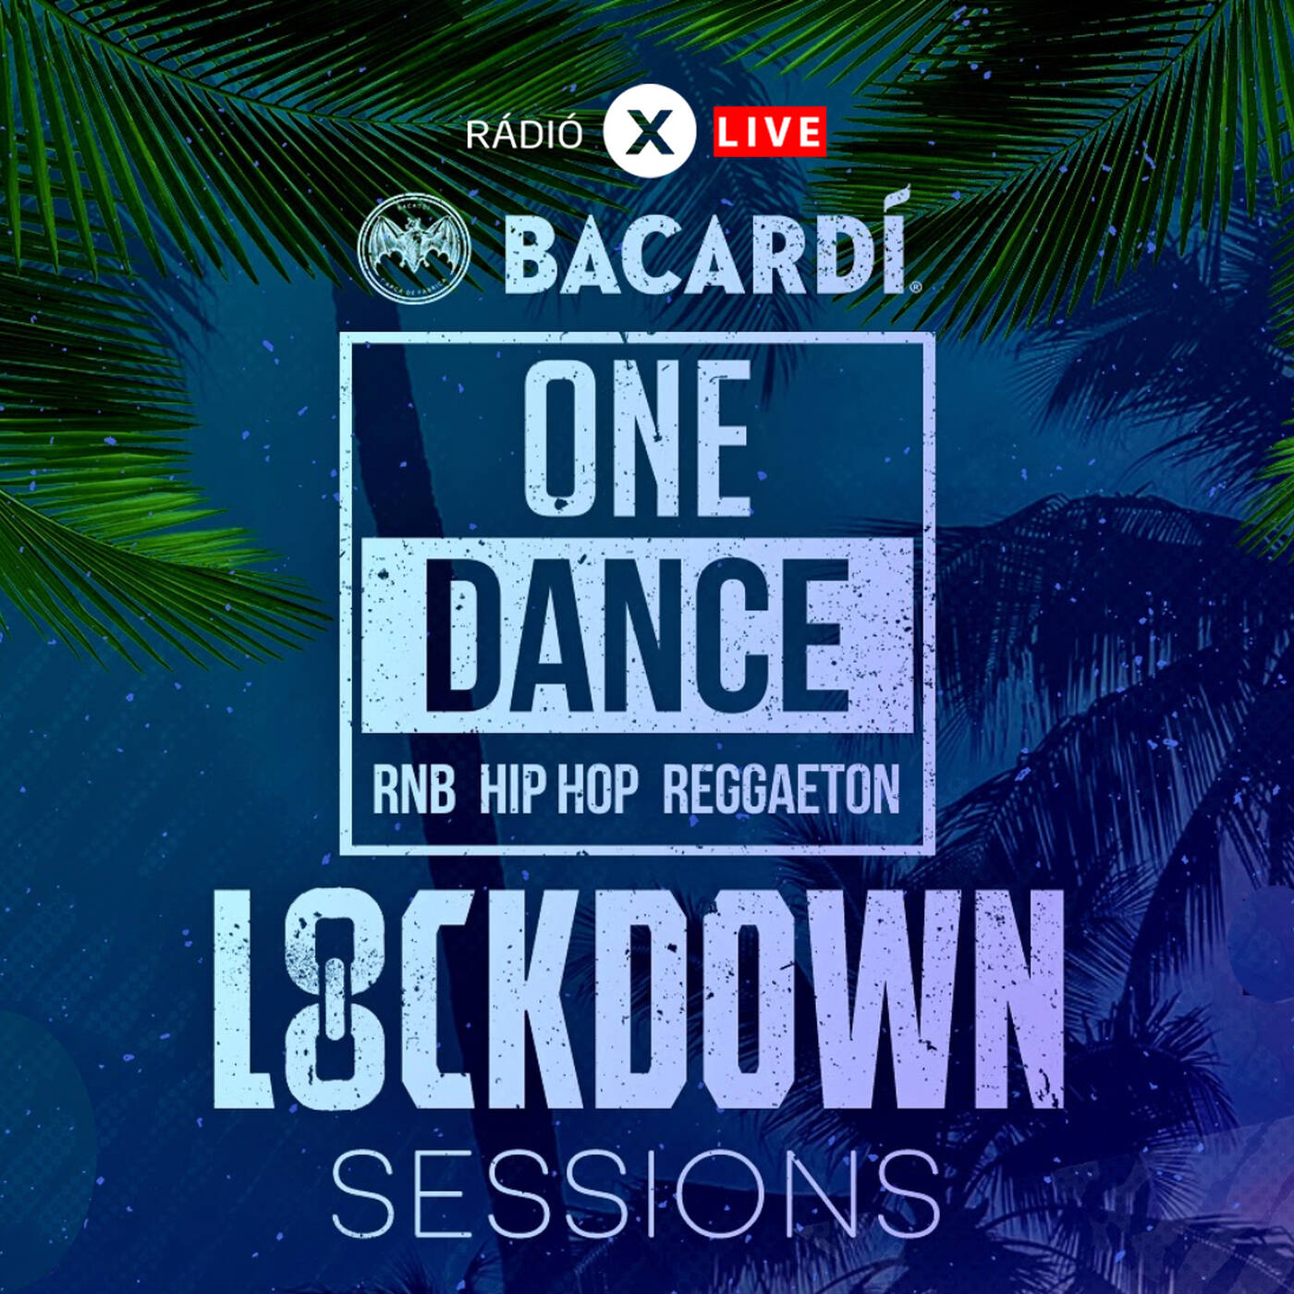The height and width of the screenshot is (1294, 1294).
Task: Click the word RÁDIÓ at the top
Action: tap(524, 135)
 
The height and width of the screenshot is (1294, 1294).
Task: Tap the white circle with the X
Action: tap(649, 131)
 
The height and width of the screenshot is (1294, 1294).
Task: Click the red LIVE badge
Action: tap(770, 131)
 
